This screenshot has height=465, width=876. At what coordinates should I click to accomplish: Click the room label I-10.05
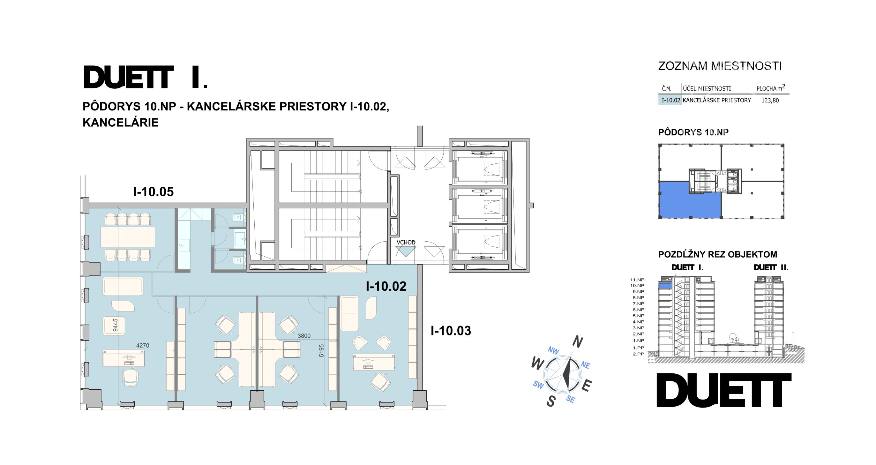coord(153,192)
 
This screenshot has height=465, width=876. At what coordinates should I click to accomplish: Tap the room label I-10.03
coord(451,331)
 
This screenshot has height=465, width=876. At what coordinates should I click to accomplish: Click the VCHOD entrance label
coord(406,243)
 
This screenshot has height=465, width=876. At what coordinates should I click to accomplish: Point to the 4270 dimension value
coord(142,346)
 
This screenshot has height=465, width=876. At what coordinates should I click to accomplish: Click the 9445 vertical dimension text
coord(115,325)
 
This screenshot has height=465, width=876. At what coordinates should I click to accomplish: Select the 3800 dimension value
coord(304,336)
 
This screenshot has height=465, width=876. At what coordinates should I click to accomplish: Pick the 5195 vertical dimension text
coord(321,351)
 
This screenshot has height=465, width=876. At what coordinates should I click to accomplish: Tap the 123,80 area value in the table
coord(770,101)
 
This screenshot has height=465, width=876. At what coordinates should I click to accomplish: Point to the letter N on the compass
coord(577,342)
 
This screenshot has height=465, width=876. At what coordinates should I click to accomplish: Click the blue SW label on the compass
coord(538,385)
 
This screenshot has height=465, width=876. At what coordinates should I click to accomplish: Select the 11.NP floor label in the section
coord(637,280)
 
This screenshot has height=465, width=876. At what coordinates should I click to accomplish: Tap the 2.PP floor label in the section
coord(639,354)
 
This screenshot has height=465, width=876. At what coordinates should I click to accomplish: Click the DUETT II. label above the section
coord(771,267)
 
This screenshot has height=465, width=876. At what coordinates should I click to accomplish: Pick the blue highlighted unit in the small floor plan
coord(690,200)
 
